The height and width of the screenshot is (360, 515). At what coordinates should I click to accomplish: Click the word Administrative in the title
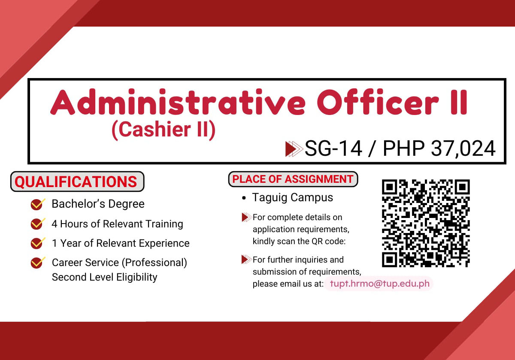point(179,103)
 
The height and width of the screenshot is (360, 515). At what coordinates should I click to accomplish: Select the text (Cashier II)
point(163,130)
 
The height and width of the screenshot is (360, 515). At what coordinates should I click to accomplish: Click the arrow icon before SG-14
point(294,148)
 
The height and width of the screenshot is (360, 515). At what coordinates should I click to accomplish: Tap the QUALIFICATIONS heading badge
point(77,182)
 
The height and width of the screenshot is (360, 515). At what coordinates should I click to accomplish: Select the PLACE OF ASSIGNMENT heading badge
point(293,179)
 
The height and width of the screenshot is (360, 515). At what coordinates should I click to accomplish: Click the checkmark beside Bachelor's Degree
point(38,204)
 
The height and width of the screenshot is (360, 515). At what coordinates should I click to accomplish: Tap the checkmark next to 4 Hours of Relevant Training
point(38,224)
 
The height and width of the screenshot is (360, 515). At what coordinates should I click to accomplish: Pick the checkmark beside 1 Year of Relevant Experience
point(38,243)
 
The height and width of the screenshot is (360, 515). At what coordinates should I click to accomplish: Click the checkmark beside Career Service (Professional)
point(38,262)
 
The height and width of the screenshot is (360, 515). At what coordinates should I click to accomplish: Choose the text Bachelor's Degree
point(98,204)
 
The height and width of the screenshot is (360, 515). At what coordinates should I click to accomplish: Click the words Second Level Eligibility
point(104,277)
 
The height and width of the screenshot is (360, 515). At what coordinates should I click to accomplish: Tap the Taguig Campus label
point(292,198)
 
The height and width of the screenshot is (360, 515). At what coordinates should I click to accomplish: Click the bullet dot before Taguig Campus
point(244,199)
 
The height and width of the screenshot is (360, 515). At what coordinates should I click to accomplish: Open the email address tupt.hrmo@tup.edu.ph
point(378,284)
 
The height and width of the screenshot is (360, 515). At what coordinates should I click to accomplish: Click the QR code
point(426,223)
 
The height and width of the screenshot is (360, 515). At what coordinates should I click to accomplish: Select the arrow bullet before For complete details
point(246,217)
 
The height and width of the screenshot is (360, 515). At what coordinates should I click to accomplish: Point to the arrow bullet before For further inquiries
point(246,259)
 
